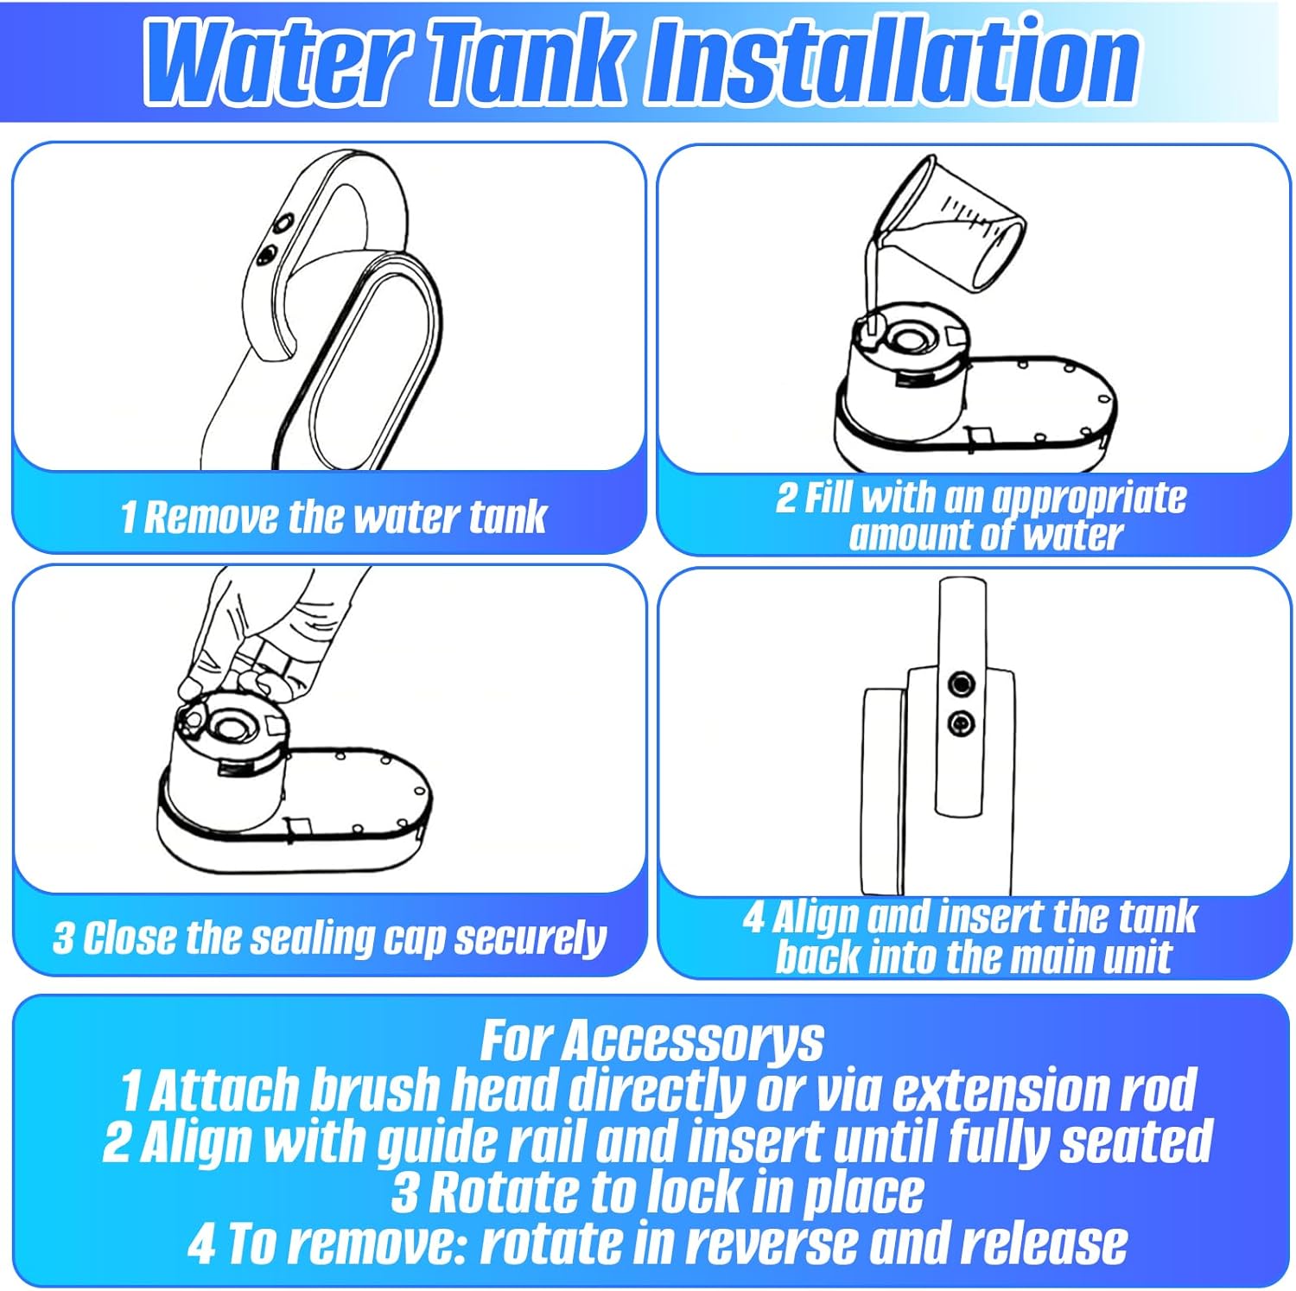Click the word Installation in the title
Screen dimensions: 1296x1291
coord(894,60)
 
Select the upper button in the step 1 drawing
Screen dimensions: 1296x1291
coord(282,226)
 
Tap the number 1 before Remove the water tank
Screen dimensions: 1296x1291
coord(128,517)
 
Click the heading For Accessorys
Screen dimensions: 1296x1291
coord(651,1040)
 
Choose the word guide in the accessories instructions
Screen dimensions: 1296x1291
coord(448,1143)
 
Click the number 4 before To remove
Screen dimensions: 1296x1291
coord(202,1243)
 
